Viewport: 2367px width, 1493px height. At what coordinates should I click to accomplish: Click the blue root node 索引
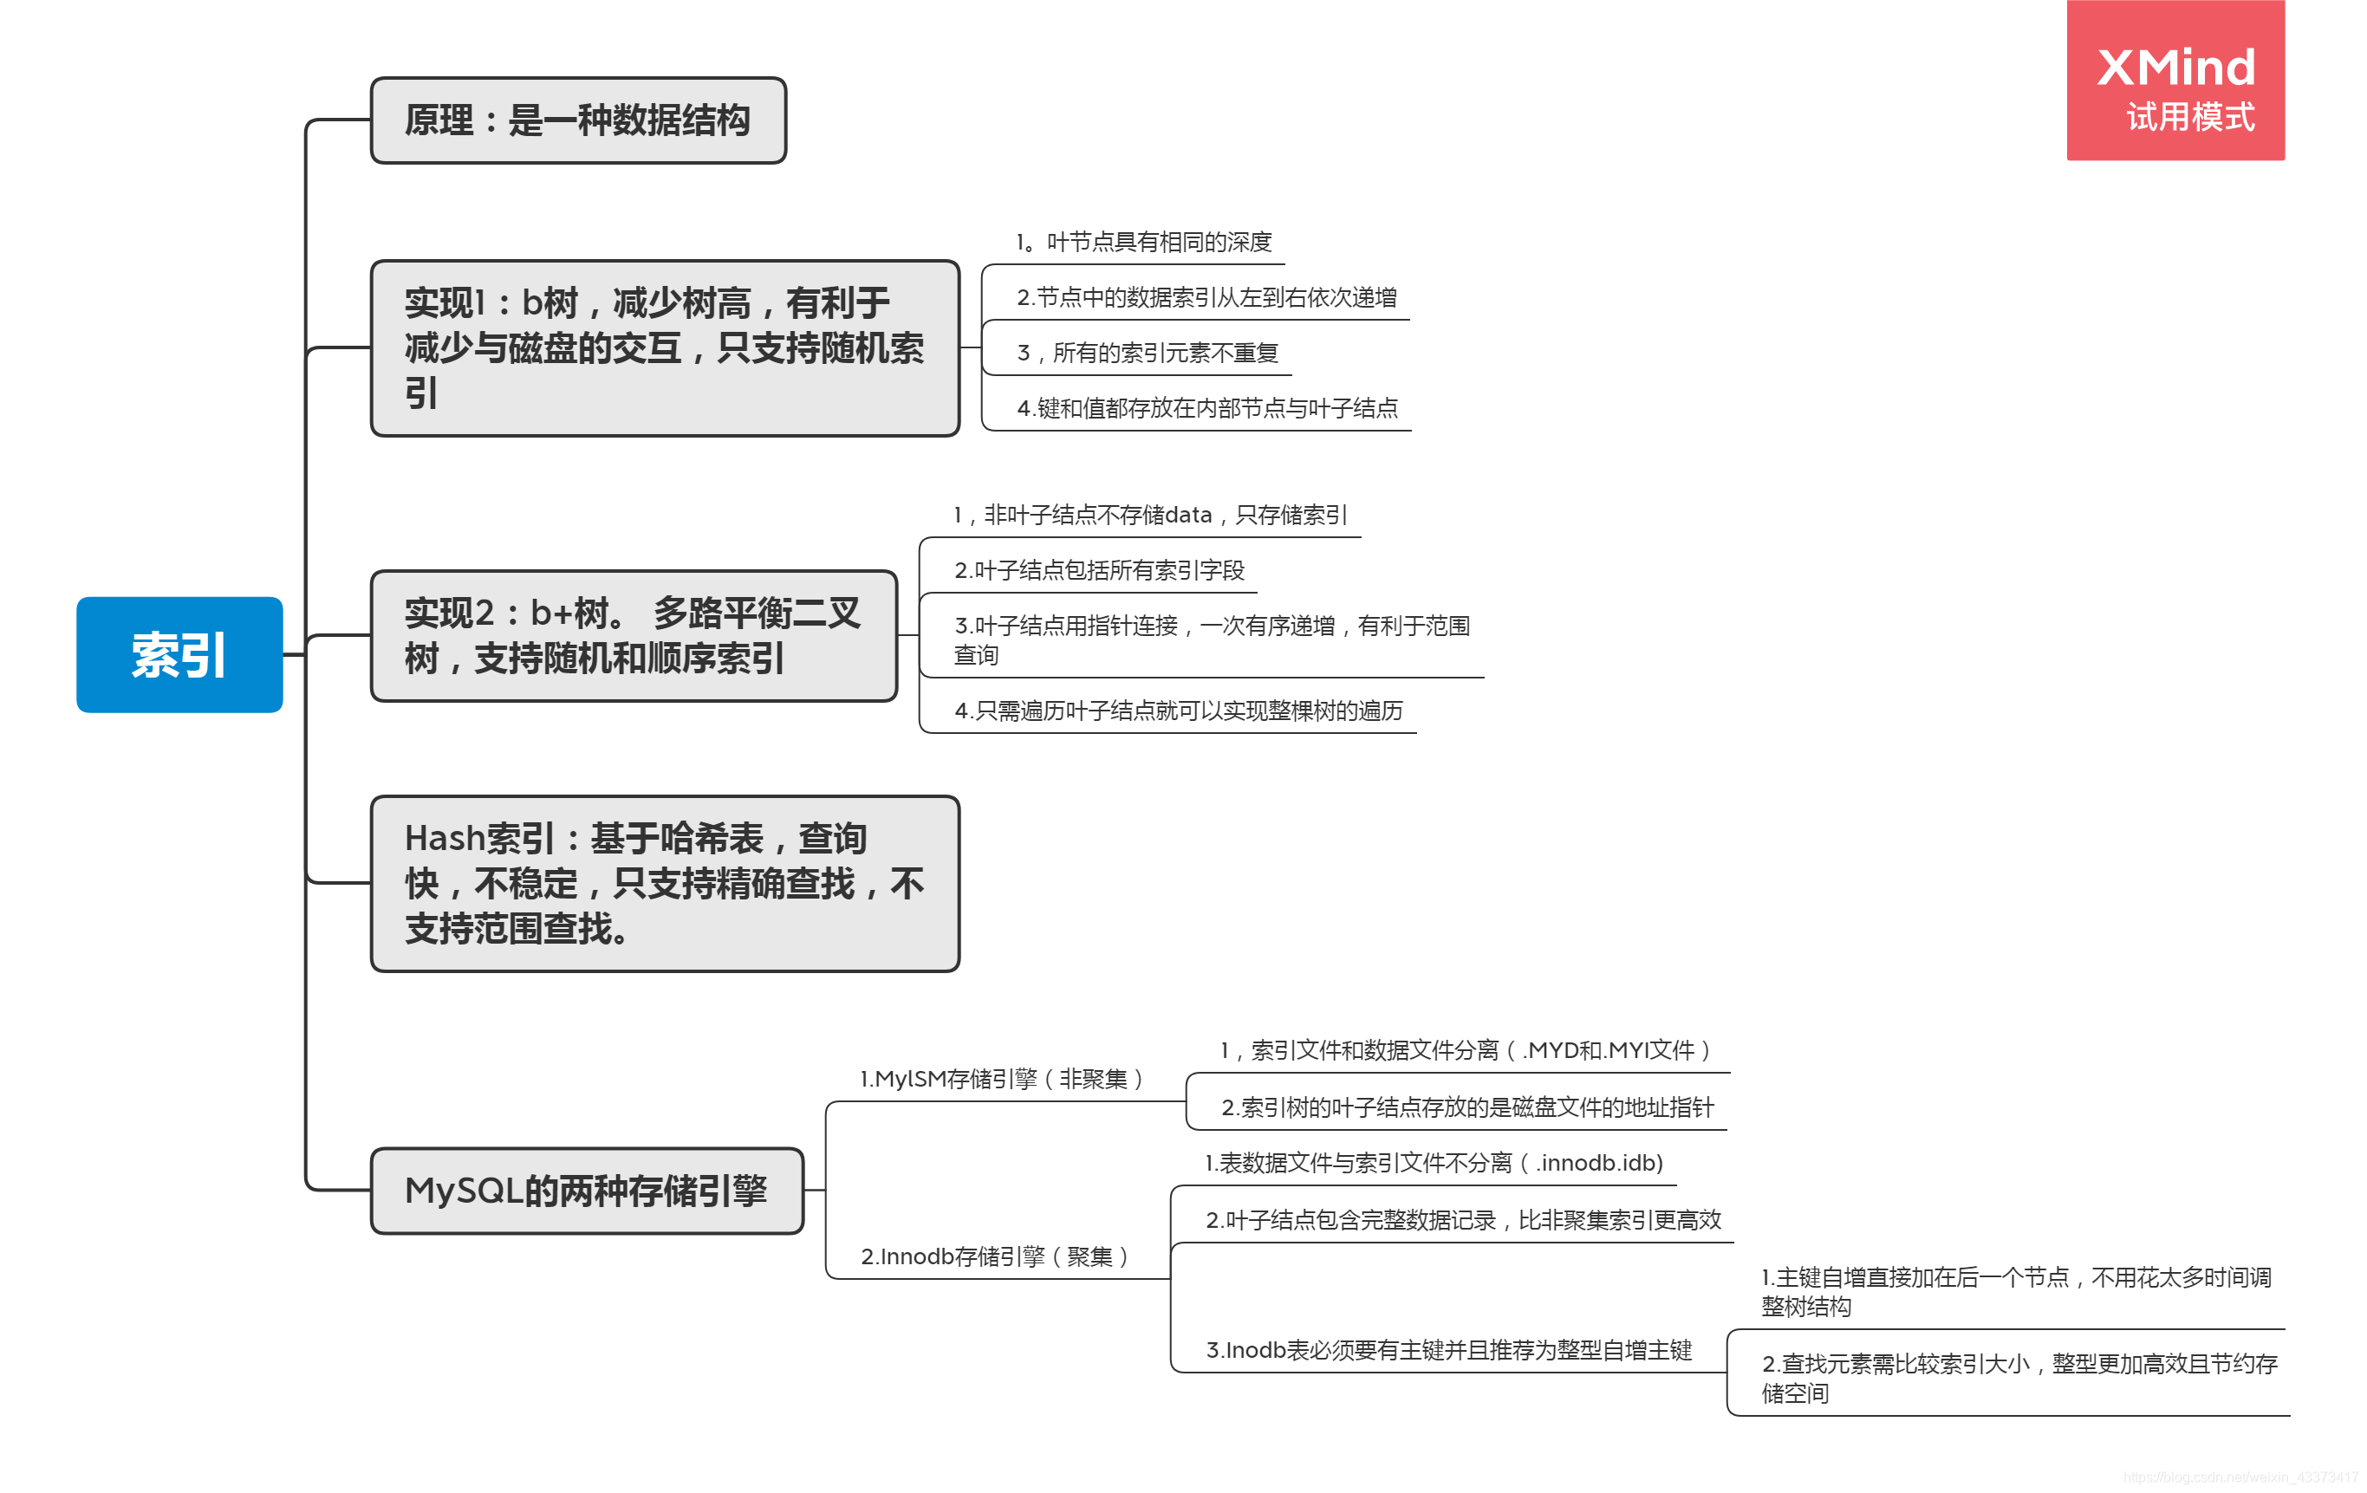point(179,654)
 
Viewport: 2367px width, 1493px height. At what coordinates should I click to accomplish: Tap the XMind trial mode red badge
point(2175,81)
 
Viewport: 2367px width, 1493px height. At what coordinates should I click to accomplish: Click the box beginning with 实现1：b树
point(665,348)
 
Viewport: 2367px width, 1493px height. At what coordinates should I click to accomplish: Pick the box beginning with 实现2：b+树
point(633,636)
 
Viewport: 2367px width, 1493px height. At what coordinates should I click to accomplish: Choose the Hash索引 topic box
point(665,884)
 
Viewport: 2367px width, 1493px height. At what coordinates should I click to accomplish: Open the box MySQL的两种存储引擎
point(587,1191)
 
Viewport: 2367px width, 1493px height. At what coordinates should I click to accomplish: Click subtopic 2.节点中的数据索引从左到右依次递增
point(1206,297)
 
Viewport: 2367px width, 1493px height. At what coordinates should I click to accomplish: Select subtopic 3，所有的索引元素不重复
point(1148,353)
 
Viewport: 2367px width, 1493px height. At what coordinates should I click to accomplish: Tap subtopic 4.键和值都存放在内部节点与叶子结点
point(1207,408)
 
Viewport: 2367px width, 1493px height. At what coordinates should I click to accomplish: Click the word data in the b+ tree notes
point(1187,515)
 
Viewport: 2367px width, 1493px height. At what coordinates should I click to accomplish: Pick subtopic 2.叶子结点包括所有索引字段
point(1099,570)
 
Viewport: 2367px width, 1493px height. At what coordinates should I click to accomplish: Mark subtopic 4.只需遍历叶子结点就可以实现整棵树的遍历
point(1178,711)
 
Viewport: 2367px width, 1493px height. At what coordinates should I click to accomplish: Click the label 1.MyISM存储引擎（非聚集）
point(1001,1079)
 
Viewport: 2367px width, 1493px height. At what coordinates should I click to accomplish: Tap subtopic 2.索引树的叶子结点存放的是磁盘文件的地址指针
point(1466,1107)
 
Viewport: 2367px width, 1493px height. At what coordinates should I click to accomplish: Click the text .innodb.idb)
point(1598,1164)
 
